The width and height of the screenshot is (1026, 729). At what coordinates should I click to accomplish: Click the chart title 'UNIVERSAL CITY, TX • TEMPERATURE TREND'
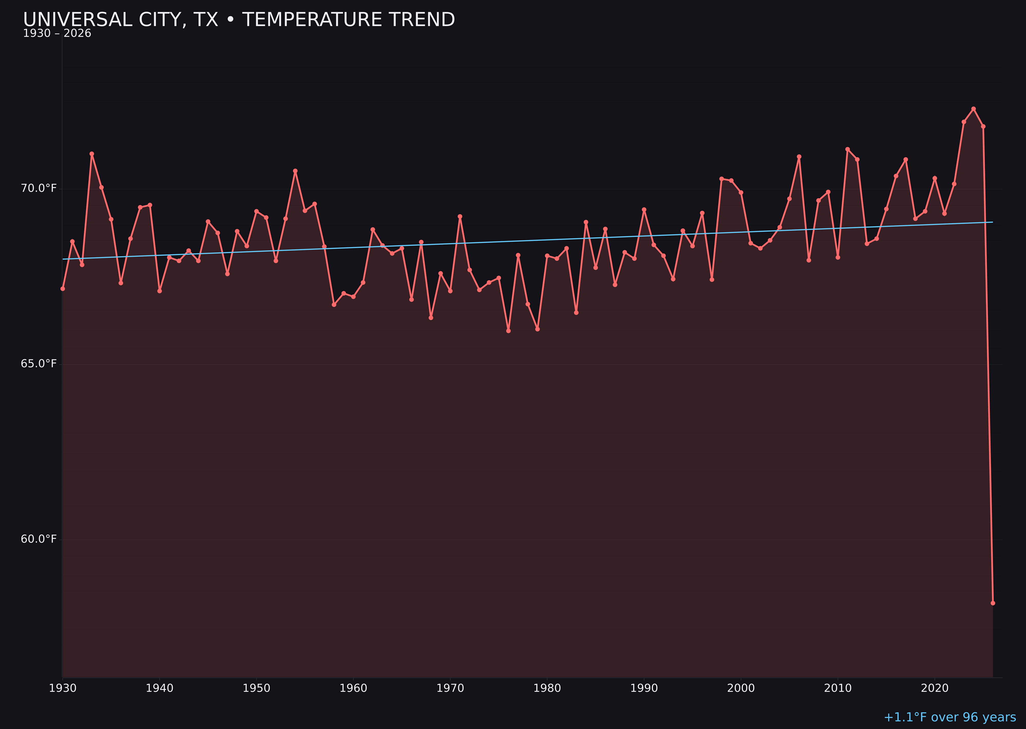coord(239,20)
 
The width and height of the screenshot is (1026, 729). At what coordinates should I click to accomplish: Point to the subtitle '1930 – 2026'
coord(57,34)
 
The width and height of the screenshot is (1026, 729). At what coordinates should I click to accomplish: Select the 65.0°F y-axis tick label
coord(39,363)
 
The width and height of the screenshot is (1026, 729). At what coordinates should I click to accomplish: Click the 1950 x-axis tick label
coord(256,688)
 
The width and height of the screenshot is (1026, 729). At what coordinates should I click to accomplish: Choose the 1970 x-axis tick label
coord(450,688)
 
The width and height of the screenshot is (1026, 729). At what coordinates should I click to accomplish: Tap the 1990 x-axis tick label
coord(644,688)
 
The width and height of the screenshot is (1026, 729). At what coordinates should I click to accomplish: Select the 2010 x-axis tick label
coord(838,688)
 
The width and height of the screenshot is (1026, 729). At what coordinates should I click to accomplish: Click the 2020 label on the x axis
coord(934,688)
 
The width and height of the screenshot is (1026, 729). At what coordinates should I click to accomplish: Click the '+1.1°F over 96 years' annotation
coord(950,717)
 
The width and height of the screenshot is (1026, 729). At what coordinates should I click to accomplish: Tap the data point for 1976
coord(508,331)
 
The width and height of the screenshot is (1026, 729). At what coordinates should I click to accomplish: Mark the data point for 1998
coord(722,179)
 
